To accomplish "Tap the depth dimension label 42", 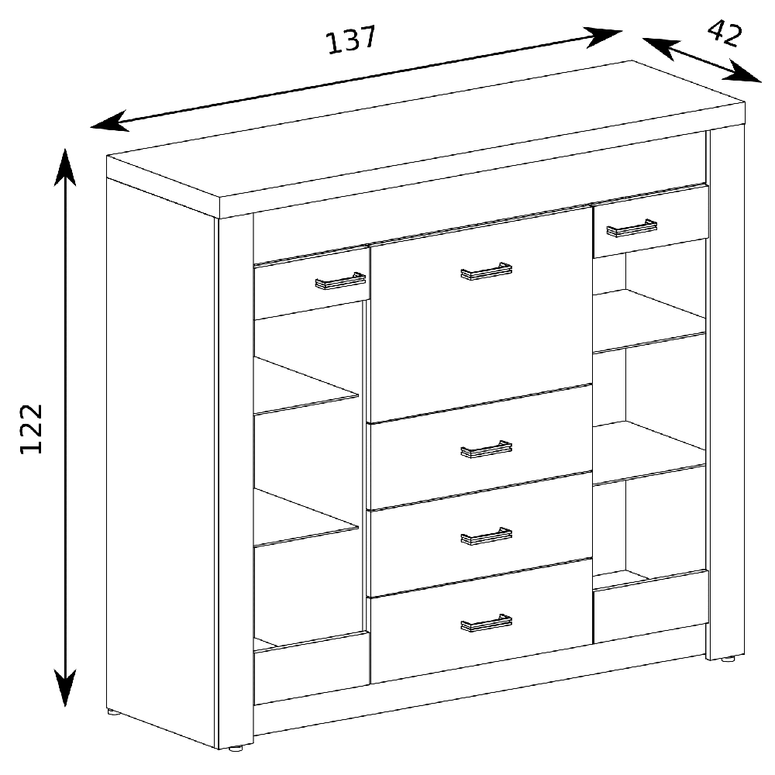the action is (725, 33).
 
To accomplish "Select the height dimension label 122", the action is (31, 429).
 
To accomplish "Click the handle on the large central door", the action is (487, 271).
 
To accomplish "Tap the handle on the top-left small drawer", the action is (340, 281).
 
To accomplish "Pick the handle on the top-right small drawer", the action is (632, 228).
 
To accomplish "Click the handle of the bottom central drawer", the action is (487, 623).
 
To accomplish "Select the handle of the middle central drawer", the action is (487, 536).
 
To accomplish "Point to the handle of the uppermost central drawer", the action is (487, 449).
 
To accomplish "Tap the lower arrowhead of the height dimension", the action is (65, 687).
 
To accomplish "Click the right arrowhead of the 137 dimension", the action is (604, 36).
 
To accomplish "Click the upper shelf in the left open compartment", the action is (306, 385).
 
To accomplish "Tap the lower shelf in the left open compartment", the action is (306, 518).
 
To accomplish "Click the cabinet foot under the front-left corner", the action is (236, 748).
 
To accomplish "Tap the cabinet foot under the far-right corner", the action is (728, 659).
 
